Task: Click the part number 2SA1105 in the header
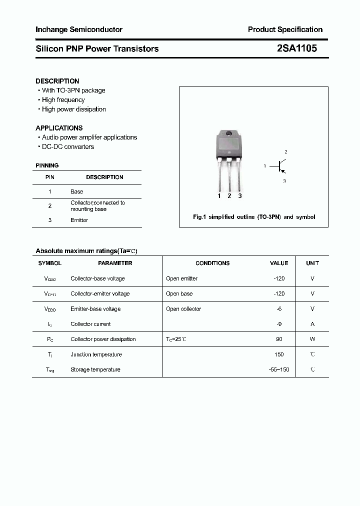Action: click(x=296, y=48)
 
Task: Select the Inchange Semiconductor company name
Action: click(x=79, y=29)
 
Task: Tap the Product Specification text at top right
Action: click(x=285, y=29)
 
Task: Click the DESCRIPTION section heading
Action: click(x=57, y=81)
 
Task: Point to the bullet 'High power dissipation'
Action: click(x=73, y=109)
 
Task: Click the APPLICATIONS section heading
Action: click(x=59, y=128)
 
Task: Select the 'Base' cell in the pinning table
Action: click(x=77, y=191)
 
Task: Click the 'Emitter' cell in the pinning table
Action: click(x=79, y=220)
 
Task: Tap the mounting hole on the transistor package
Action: click(x=229, y=133)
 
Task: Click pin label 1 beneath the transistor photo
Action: click(x=219, y=196)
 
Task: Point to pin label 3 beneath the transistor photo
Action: click(x=240, y=196)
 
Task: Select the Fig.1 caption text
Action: click(x=254, y=217)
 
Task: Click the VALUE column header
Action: click(x=279, y=263)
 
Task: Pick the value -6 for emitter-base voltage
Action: click(x=279, y=309)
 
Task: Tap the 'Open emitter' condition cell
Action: click(x=181, y=278)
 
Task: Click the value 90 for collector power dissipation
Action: click(x=279, y=339)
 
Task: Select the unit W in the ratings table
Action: click(x=312, y=339)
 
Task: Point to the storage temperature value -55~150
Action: click(x=279, y=369)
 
